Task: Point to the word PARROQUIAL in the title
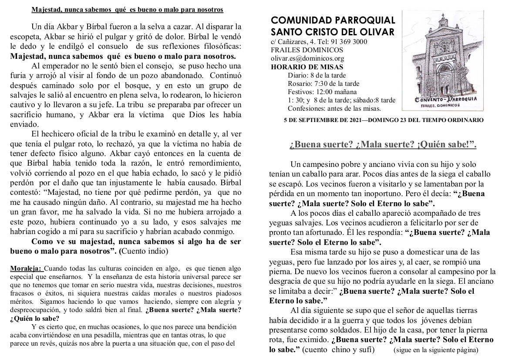[x=369, y=20]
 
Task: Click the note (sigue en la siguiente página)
[x=436, y=350]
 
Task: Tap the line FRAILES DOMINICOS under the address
[x=300, y=50]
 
